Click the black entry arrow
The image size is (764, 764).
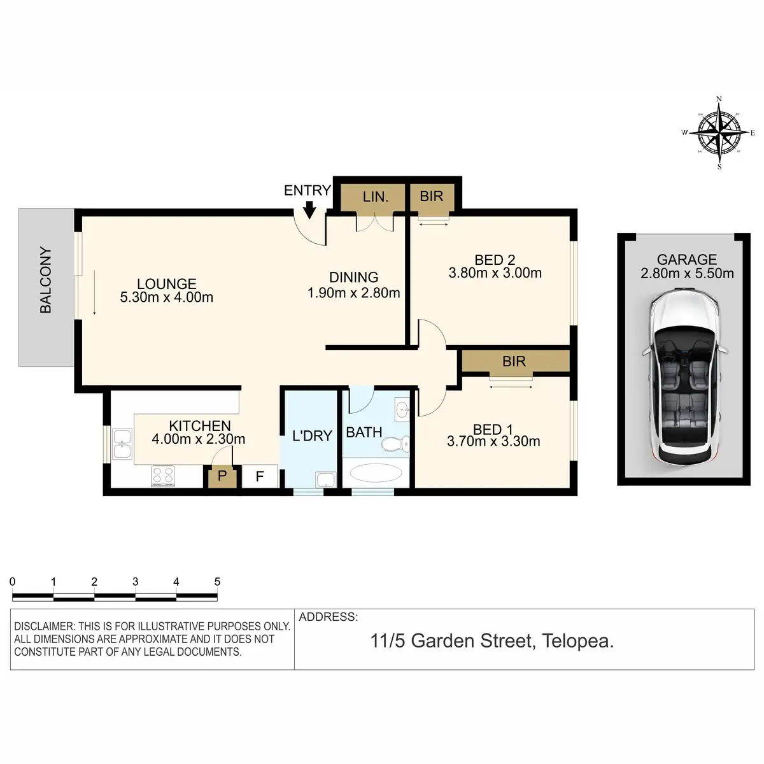tap(309, 209)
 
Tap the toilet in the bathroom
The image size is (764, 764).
tap(395, 443)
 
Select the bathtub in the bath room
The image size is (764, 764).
tap(376, 472)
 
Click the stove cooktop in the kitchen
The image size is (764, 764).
tap(163, 476)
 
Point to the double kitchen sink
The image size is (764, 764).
tap(122, 444)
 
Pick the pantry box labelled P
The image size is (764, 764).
tap(222, 476)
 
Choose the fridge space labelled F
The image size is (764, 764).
tap(260, 476)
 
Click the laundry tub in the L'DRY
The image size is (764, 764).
tap(325, 479)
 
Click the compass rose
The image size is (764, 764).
tap(719, 132)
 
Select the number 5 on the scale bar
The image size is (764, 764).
tap(217, 582)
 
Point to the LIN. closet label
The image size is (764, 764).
tap(376, 197)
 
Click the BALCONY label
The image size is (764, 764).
tap(46, 280)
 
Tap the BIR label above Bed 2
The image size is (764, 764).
tap(432, 196)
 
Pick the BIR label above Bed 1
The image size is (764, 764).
tap(514, 361)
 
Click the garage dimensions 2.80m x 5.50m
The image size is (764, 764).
tap(687, 273)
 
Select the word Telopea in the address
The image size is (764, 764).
tap(577, 641)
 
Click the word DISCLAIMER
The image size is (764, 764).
tap(44, 626)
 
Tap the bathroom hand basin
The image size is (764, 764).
tap(402, 409)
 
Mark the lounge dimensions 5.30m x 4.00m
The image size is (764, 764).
tap(167, 297)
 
